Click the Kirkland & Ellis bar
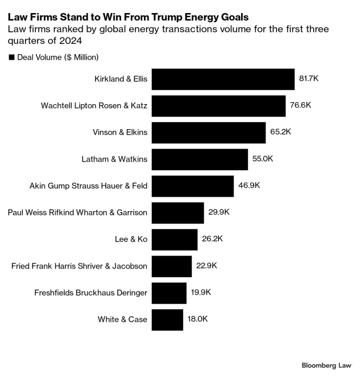(224, 79)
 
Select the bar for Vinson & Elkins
(209, 133)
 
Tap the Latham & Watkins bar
(200, 159)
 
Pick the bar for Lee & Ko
(175, 239)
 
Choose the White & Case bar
(168, 320)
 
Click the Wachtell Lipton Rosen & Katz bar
(219, 106)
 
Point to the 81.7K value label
(309, 78)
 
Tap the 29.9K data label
(219, 212)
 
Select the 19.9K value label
(201, 292)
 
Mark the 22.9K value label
(207, 266)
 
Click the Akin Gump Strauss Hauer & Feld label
(88, 186)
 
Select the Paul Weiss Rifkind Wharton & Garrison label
(78, 213)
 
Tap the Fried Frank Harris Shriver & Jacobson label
(80, 266)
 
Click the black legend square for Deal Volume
(11, 57)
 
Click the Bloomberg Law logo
(326, 364)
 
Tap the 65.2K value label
(280, 132)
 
